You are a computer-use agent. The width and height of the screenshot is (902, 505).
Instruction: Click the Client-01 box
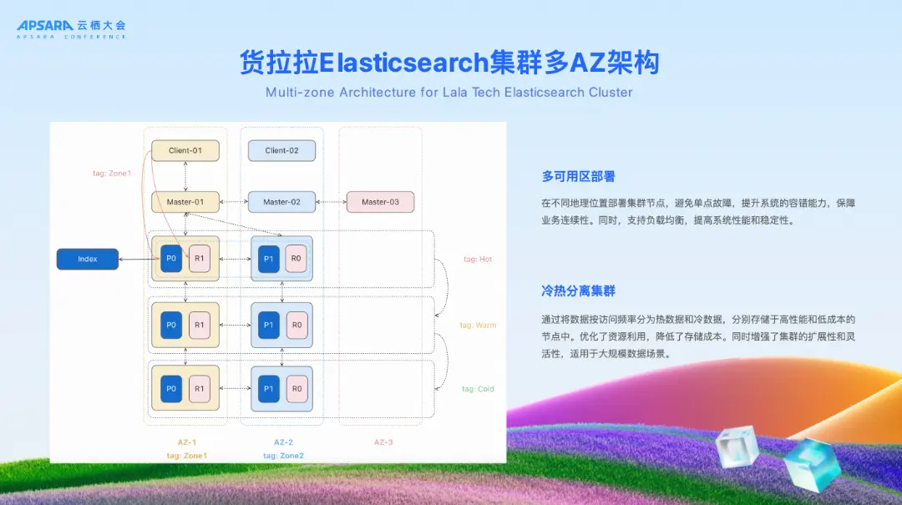point(185,150)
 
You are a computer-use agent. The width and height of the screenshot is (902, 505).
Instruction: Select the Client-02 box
point(281,150)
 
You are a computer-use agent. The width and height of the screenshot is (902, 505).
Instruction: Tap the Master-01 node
point(185,202)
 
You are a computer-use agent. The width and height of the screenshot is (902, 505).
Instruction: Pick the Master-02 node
point(281,202)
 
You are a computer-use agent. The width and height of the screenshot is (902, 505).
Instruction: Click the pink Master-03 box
point(380,202)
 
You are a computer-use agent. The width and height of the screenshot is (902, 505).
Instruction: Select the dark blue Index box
point(88,260)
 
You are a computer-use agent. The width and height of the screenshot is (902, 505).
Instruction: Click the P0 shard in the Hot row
point(171,259)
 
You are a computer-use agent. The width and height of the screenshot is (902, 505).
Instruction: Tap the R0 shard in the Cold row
point(296,388)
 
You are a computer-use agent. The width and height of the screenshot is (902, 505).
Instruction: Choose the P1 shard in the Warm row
point(268,325)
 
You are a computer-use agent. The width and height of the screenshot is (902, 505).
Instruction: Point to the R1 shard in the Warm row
point(199,325)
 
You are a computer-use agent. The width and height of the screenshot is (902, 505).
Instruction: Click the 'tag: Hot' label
point(478,260)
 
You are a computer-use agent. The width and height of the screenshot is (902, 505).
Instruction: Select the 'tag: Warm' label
point(478,325)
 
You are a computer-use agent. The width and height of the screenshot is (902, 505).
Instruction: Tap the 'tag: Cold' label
point(478,389)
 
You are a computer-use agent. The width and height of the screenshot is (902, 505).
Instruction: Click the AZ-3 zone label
point(383,442)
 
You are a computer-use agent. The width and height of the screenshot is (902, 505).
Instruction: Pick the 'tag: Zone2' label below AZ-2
point(283,456)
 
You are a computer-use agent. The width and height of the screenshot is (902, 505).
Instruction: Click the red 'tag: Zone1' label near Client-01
point(112,174)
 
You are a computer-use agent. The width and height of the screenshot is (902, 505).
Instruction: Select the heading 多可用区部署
point(579,176)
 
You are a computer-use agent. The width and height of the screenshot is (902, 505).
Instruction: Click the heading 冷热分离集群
point(579,291)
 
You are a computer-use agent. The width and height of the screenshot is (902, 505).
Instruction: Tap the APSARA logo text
point(45,26)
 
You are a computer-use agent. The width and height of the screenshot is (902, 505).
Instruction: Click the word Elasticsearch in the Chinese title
point(404,63)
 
